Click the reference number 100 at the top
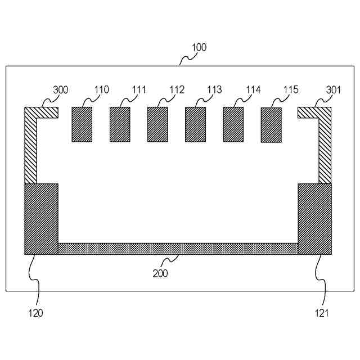199,48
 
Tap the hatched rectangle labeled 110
82,124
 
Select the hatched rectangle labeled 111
120,124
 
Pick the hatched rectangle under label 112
157,124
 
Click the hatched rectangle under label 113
195,124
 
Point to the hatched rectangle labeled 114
233,124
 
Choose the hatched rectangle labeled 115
271,125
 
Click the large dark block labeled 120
41,219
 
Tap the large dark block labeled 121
314,219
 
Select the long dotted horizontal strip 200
178,249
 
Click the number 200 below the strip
160,274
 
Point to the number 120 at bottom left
35,313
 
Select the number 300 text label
61,89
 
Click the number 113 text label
214,89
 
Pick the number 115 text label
291,89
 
